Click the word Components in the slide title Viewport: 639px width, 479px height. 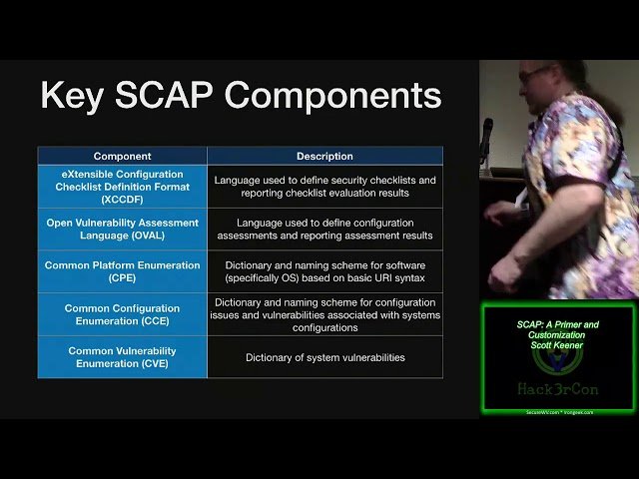(x=332, y=96)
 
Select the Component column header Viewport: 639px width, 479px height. (x=122, y=156)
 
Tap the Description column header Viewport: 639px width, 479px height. (x=324, y=156)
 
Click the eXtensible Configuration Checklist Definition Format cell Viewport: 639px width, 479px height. (x=122, y=187)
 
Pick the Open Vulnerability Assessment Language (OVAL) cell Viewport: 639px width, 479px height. (x=122, y=230)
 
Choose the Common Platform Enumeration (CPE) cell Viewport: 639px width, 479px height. (x=122, y=265)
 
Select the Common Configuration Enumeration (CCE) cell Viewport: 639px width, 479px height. (x=122, y=314)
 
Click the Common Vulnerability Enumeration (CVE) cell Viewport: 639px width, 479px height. (x=122, y=357)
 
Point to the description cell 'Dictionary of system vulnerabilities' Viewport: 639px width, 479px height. (x=324, y=357)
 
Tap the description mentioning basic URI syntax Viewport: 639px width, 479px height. (x=324, y=271)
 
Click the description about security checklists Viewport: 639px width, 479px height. (x=324, y=187)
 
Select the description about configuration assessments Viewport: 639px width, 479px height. (x=324, y=230)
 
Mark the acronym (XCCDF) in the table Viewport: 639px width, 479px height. (x=122, y=200)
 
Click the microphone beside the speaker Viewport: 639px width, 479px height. (x=487, y=135)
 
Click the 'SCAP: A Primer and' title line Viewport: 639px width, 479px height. (x=558, y=325)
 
